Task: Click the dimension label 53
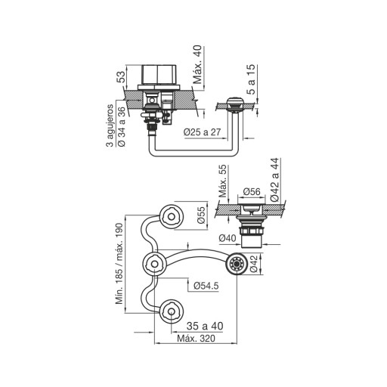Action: tap(122, 77)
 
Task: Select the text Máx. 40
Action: tap(197, 64)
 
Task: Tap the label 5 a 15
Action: tap(251, 79)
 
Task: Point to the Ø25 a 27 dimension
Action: tap(202, 132)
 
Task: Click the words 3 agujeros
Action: tap(110, 125)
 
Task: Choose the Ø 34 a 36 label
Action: tap(121, 127)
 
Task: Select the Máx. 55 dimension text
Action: tap(222, 181)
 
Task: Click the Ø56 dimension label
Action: tap(252, 192)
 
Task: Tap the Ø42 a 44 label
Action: tap(275, 180)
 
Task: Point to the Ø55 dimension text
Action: tap(202, 215)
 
